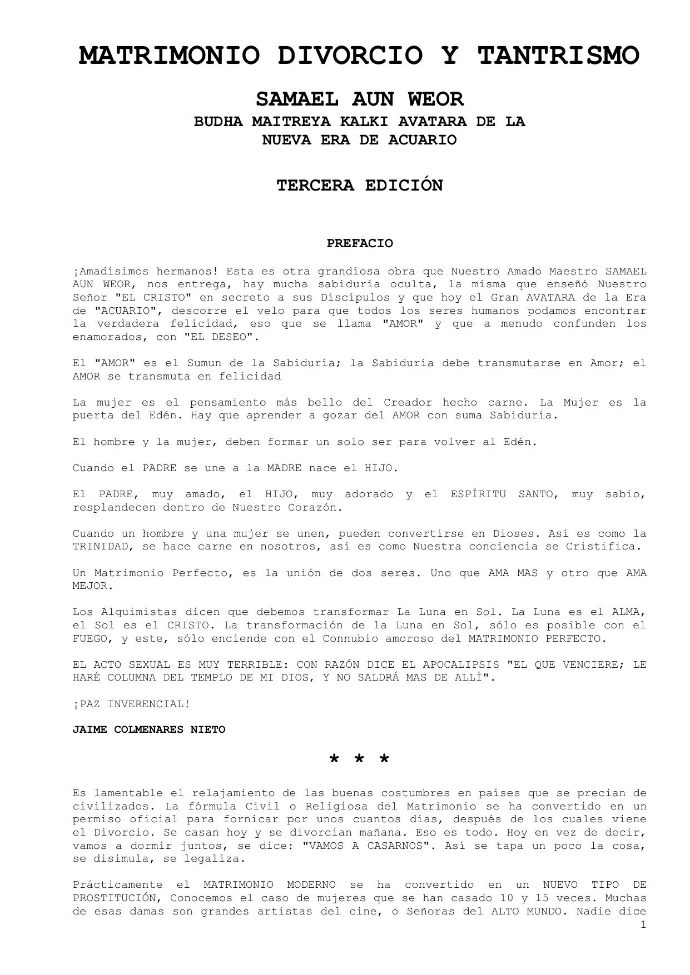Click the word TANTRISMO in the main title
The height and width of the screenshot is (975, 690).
pos(558,56)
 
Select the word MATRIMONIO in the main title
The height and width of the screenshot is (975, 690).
pos(169,56)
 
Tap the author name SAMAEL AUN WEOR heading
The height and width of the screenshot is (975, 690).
pos(359,99)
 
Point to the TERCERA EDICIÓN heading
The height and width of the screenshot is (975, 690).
pos(359,186)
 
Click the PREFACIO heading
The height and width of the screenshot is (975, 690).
pos(359,243)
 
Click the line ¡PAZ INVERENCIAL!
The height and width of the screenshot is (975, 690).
pos(131,704)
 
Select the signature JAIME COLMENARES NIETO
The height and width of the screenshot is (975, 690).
pos(149,730)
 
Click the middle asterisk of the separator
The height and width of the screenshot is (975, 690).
pos(359,759)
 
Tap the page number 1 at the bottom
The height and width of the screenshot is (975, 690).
pos(643,925)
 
